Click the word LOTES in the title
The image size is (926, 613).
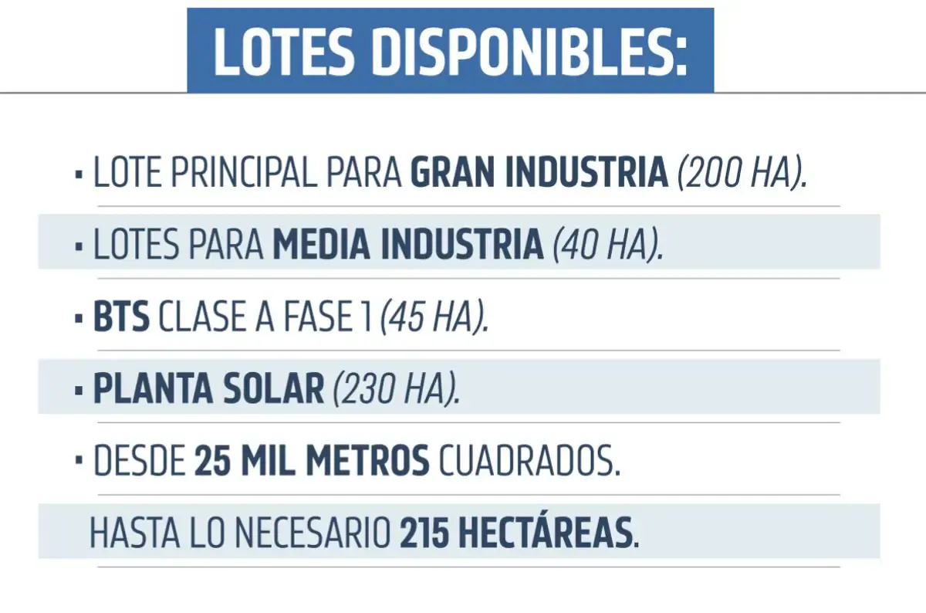[285, 52]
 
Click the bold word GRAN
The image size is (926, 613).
[453, 172]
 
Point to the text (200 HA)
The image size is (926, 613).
[742, 173]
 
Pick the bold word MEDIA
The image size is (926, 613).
[321, 245]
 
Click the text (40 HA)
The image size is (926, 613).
[608, 246]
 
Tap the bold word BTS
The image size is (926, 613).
[121, 317]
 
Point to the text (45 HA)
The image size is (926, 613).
[434, 317]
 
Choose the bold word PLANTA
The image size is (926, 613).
[153, 389]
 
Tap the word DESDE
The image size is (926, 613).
[140, 461]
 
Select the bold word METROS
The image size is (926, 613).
[367, 461]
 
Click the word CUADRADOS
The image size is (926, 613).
[529, 461]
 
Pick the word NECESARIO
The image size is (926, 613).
[313, 533]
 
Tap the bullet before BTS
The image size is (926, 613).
[79, 319]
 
